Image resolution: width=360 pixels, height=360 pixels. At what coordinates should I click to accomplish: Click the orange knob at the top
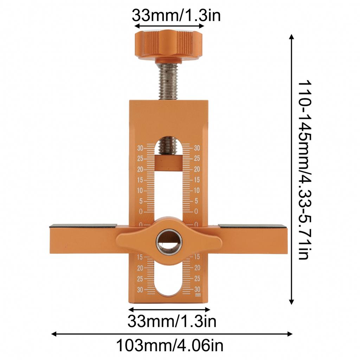coord(169,46)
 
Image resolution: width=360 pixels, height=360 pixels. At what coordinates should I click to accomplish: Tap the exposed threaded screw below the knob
coord(169,82)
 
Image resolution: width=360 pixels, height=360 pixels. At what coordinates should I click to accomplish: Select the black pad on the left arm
coord(83,226)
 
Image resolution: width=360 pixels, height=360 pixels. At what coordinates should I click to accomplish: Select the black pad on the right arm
coord(252,226)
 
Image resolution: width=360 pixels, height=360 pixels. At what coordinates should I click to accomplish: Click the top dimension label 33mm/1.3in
coord(176,15)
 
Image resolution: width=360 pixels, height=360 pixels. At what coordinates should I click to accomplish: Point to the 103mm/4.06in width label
coord(170,345)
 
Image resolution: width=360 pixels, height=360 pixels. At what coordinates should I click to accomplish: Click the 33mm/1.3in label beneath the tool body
coord(172,321)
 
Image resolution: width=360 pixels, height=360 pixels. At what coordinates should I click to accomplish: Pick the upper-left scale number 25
coord(140,159)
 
